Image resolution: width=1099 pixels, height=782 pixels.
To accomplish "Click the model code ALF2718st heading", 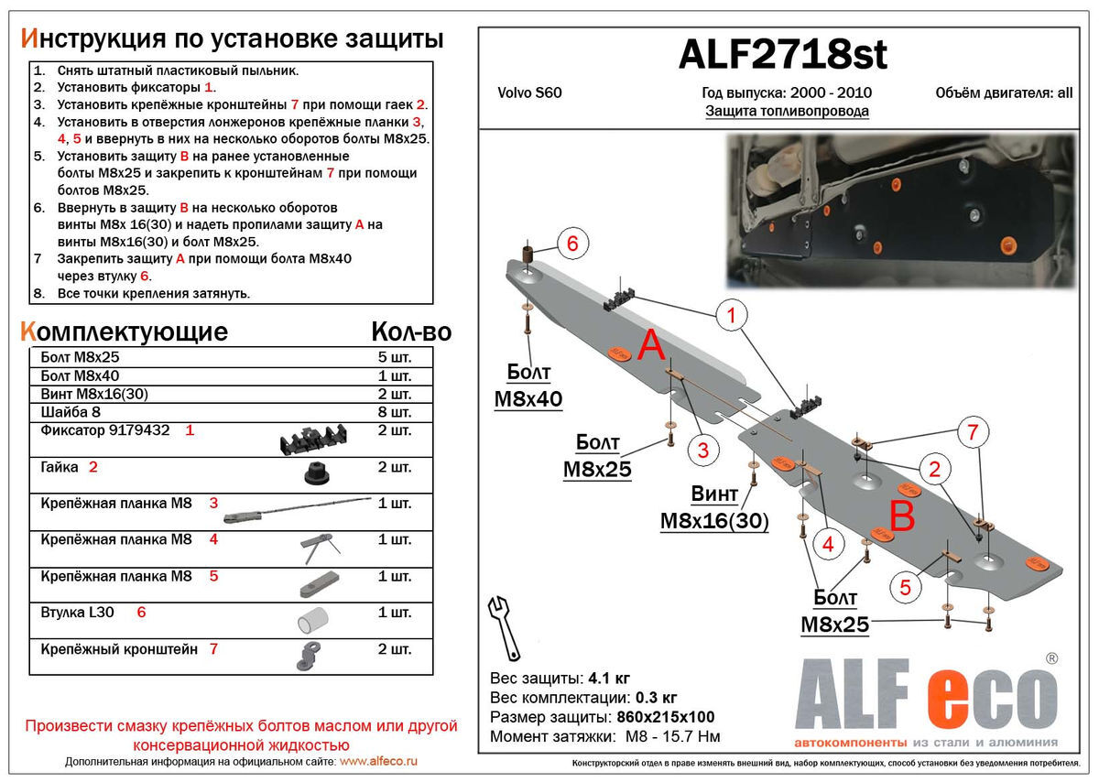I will click(782, 56).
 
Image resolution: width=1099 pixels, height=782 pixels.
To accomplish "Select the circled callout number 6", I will click(571, 244).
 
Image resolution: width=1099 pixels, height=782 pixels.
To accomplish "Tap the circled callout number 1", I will click(732, 317).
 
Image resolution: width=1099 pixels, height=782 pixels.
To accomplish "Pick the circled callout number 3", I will click(702, 450).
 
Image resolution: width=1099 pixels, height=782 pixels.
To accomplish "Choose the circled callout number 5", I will click(905, 588).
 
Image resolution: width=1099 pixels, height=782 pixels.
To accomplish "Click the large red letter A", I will click(650, 347).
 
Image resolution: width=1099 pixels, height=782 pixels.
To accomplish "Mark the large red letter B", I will click(902, 517).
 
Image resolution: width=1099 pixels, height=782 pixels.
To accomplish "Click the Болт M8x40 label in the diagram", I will click(528, 386).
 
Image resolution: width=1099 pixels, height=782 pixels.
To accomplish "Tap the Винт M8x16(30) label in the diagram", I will click(714, 508).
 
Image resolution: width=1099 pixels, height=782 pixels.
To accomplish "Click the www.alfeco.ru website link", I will click(378, 762).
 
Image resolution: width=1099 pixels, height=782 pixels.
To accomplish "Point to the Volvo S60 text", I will click(529, 92).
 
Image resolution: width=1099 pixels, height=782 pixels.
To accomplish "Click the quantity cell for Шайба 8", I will click(395, 412).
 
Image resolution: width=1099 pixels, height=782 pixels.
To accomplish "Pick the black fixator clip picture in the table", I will click(316, 440).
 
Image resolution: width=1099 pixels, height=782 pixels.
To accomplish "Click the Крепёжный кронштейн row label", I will click(119, 650).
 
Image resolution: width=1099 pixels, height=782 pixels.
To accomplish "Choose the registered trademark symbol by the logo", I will click(1052, 658).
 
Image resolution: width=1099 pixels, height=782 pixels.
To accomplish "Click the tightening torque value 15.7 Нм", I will click(696, 736).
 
